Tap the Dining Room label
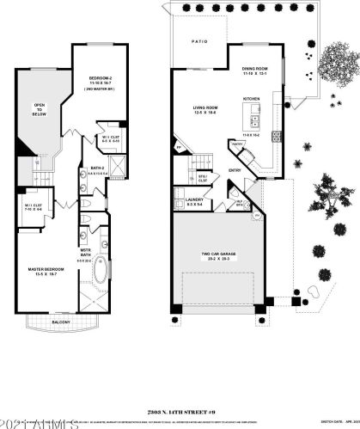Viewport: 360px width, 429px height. tap(256, 71)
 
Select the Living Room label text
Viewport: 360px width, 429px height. tap(205, 109)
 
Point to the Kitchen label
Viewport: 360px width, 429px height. tap(252, 99)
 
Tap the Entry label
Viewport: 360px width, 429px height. tap(235, 170)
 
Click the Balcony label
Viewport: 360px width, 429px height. tap(55, 322)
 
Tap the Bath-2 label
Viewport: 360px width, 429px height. tap(95, 169)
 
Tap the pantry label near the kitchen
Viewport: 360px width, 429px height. tap(236, 144)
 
